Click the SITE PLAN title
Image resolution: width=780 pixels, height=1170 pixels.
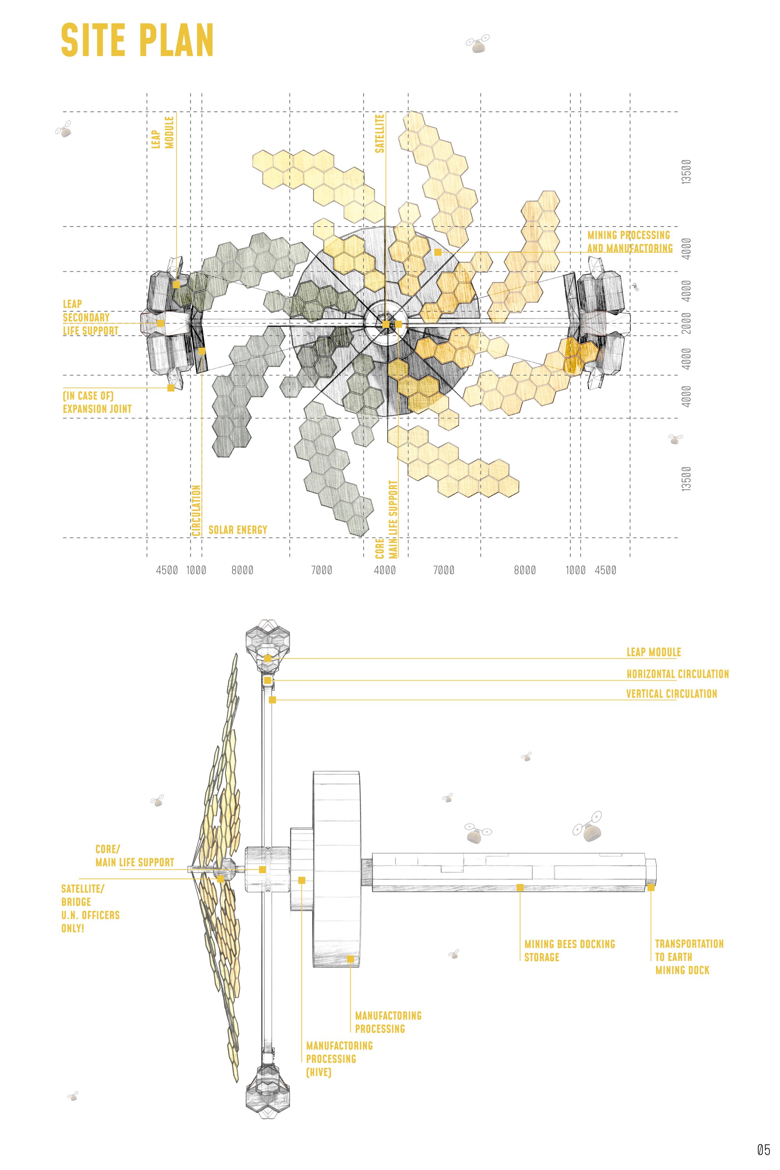click(x=137, y=40)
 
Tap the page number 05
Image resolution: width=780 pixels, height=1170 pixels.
click(x=763, y=1150)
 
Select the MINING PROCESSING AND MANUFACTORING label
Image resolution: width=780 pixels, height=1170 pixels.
click(x=630, y=241)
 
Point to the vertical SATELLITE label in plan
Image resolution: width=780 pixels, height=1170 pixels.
click(x=379, y=133)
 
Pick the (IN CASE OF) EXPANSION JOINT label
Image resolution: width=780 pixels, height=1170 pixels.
click(x=97, y=402)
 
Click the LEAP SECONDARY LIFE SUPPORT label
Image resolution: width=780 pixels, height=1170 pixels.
click(x=90, y=317)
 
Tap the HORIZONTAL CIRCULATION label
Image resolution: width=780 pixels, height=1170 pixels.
click(x=677, y=674)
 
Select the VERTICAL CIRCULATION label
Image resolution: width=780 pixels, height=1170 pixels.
click(x=672, y=694)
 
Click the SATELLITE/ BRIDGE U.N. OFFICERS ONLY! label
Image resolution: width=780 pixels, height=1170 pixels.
click(x=90, y=908)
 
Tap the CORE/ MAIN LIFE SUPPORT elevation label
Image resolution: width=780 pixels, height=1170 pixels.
click(x=135, y=856)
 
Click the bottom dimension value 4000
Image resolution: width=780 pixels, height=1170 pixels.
click(x=385, y=570)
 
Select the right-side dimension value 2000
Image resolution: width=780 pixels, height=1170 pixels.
click(x=686, y=323)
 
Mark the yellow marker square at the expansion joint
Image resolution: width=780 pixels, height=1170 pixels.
click(x=171, y=388)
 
